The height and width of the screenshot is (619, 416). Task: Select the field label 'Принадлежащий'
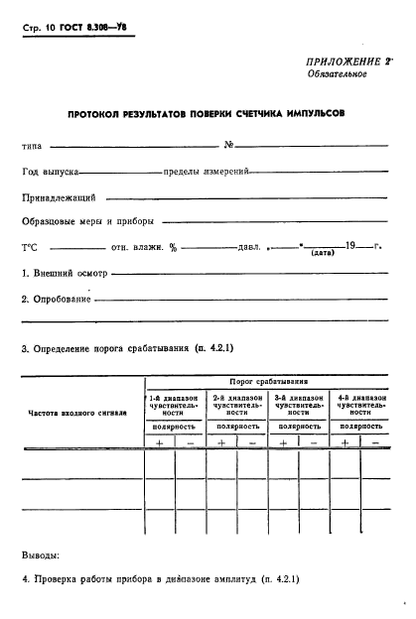tap(58, 197)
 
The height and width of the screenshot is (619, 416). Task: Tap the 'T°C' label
tap(32, 247)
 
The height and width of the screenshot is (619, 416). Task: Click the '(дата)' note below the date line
tap(322, 254)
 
